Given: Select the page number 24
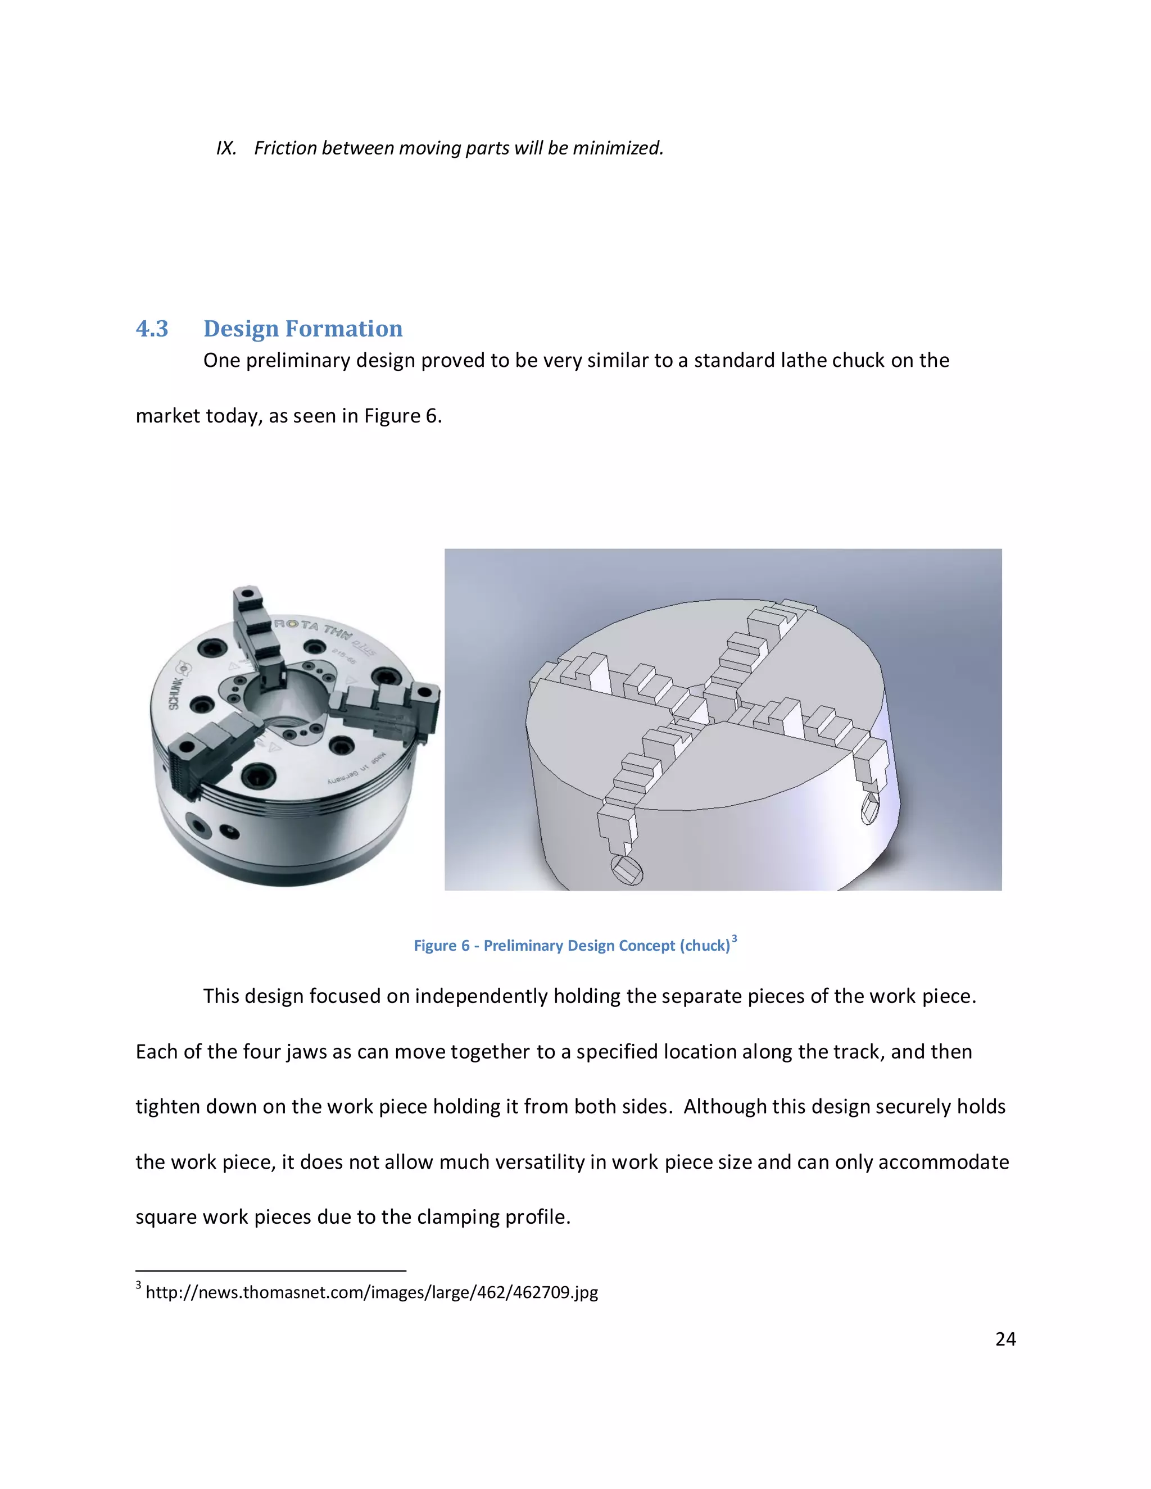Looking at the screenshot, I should pos(1005,1339).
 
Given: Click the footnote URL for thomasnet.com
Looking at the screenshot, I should pos(371,1292).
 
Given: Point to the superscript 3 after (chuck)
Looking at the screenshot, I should pos(735,939).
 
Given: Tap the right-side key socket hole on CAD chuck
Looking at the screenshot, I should pos(870,809).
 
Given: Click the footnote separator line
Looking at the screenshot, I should pos(271,1271).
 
